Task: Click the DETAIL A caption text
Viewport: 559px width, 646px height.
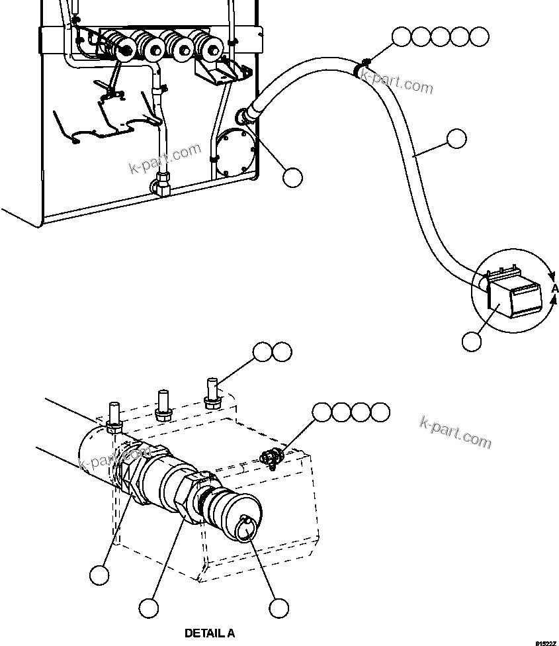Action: click(x=209, y=633)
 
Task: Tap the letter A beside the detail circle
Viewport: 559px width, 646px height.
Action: click(x=555, y=289)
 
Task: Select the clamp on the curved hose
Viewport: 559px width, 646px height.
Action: click(x=363, y=68)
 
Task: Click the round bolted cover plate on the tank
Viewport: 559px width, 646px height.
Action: click(x=236, y=151)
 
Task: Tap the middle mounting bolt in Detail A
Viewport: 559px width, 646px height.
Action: click(x=163, y=404)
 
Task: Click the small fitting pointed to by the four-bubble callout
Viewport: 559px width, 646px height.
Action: click(x=272, y=456)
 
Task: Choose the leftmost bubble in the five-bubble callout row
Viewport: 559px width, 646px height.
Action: click(x=401, y=37)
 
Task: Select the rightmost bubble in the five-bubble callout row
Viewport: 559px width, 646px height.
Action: click(x=480, y=37)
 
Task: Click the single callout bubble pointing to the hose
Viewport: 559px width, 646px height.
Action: click(x=456, y=139)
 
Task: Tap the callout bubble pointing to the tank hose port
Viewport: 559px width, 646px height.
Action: click(x=292, y=176)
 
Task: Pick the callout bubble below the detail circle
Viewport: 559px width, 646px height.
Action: click(x=472, y=341)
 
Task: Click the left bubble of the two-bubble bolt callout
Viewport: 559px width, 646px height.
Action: click(x=263, y=352)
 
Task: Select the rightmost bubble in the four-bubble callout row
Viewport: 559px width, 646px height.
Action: click(x=380, y=412)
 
